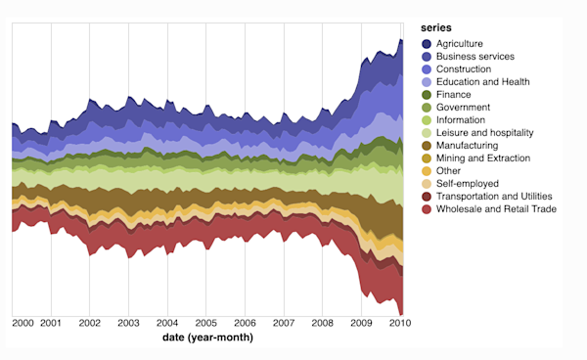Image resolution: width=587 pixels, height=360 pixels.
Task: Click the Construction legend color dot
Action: coord(427,69)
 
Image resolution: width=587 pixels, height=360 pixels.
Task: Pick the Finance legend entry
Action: coord(455,95)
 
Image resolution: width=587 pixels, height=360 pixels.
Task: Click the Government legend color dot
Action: coord(427,108)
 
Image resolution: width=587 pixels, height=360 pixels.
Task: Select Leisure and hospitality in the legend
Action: coord(483,133)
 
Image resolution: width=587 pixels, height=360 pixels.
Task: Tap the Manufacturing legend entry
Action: coord(469,146)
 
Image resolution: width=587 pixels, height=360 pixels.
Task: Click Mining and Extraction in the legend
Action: coord(483,158)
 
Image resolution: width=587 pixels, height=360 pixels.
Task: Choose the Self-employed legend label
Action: coord(468,184)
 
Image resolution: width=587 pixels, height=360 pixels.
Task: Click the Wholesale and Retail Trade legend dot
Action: coord(427,209)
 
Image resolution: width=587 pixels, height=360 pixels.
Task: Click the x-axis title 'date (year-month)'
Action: coord(207,337)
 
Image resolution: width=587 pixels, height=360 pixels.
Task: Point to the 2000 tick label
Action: coord(23,322)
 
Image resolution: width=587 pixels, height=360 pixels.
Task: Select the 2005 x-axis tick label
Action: coord(205,322)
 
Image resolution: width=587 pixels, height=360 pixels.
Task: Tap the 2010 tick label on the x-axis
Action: coord(399,322)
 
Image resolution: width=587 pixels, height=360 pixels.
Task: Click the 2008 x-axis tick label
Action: coord(322,322)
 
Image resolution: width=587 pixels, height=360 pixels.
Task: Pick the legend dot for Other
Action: coord(427,171)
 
